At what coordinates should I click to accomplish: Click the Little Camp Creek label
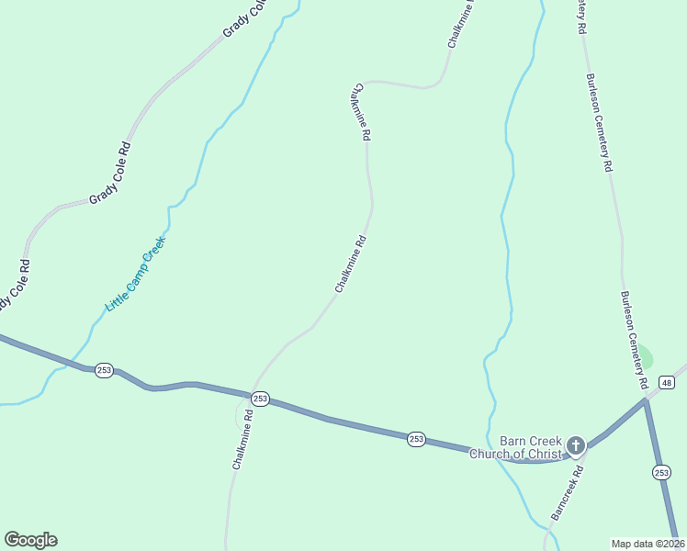point(135,274)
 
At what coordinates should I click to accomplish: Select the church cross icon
point(576,446)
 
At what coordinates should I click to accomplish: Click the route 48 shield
point(667,382)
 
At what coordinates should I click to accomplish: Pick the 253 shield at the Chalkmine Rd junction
point(260,399)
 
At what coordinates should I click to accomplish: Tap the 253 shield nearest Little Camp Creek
point(104,369)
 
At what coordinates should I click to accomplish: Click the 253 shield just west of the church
point(416,439)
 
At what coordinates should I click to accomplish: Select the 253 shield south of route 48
point(661,472)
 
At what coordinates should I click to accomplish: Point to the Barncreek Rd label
point(567,493)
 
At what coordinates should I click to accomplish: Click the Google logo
point(30,540)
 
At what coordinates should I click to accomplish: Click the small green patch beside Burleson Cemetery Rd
point(646,356)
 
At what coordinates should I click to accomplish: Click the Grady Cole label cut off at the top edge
point(245,19)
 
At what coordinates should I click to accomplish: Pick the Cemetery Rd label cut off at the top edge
point(581,17)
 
